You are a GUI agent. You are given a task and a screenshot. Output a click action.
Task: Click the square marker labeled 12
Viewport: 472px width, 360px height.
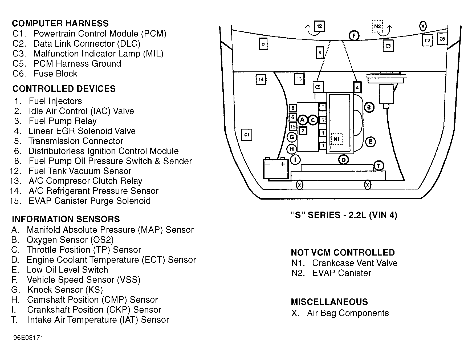pyautogui.click(x=319, y=26)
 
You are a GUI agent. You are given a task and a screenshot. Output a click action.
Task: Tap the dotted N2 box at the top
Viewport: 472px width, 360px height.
pyautogui.click(x=377, y=26)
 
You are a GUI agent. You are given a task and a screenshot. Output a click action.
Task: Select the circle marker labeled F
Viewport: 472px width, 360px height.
pyautogui.click(x=354, y=36)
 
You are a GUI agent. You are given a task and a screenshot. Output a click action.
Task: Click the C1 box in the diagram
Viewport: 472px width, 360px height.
pyautogui.click(x=246, y=135)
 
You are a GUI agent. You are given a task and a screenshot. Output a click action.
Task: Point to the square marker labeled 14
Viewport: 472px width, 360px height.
pyautogui.click(x=261, y=79)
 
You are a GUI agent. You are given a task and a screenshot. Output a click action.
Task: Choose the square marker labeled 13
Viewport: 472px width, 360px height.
pyautogui.click(x=299, y=79)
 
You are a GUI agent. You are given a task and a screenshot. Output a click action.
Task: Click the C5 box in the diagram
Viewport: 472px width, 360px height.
pyautogui.click(x=318, y=87)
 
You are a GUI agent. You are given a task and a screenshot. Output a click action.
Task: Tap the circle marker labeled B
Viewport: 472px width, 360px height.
pyautogui.click(x=369, y=108)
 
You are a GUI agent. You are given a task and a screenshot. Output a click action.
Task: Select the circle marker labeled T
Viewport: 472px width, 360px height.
pyautogui.click(x=379, y=166)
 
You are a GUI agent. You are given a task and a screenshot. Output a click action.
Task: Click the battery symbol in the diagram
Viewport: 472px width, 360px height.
pyautogui.click(x=276, y=168)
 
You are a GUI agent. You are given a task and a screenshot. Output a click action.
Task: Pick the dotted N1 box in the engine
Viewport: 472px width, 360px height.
pyautogui.click(x=337, y=139)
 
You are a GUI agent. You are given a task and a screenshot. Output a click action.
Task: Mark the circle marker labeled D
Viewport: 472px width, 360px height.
pyautogui.click(x=343, y=160)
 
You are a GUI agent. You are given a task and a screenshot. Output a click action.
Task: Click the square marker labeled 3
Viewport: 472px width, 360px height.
pyautogui.click(x=263, y=44)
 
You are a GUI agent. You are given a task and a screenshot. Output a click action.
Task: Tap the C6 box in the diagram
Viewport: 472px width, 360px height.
pyautogui.click(x=442, y=39)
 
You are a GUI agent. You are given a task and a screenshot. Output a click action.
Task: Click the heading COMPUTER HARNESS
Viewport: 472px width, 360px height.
pyautogui.click(x=60, y=23)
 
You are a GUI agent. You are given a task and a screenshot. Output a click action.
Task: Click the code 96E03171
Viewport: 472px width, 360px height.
pyautogui.click(x=28, y=338)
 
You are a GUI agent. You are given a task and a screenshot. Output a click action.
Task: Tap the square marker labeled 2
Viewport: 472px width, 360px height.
pyautogui.click(x=303, y=131)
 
